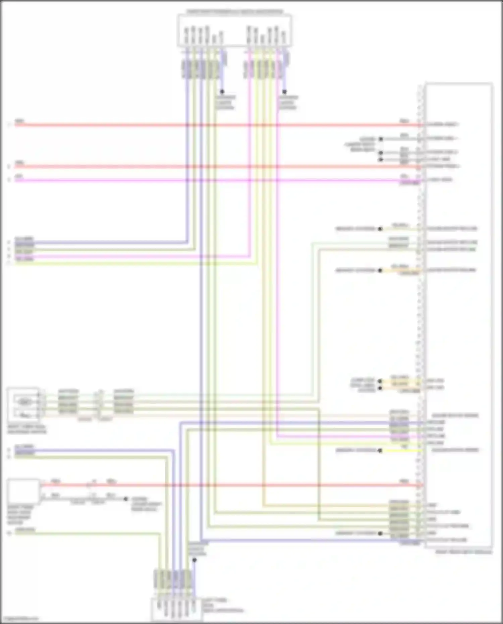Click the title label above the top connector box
(234, 12)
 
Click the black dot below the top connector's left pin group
(222, 92)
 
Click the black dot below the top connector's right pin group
(284, 92)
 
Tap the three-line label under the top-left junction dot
(225, 102)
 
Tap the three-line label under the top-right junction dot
(288, 102)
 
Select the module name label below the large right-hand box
(463, 552)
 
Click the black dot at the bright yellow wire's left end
(380, 451)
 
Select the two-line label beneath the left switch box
(27, 430)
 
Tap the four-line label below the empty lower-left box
(20, 515)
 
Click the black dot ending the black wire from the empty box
(126, 499)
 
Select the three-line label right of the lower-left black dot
(146, 504)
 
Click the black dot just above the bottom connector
(194, 560)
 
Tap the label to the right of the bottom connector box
(221, 605)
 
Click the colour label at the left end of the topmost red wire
(19, 121)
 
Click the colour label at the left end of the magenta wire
(19, 176)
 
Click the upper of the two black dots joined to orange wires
(380, 381)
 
